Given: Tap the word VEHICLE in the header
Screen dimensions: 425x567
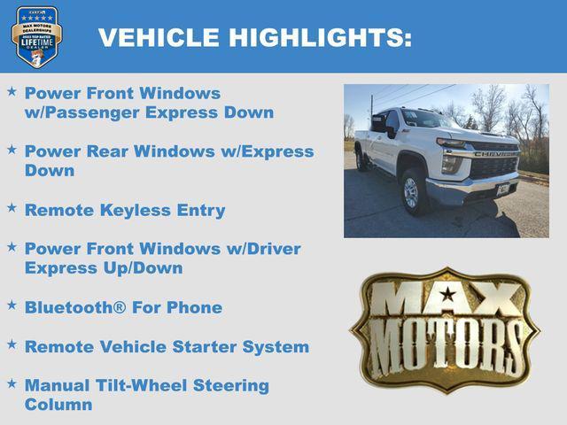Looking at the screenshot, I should tap(159, 38).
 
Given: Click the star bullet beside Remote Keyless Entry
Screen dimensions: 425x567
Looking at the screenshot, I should tap(12, 207).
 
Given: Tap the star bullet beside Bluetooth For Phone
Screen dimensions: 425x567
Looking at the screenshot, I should tap(12, 305).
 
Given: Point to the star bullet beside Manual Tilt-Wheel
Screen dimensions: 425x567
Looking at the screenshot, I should tap(12, 382).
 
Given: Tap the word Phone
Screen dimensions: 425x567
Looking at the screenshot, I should tap(196, 307).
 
